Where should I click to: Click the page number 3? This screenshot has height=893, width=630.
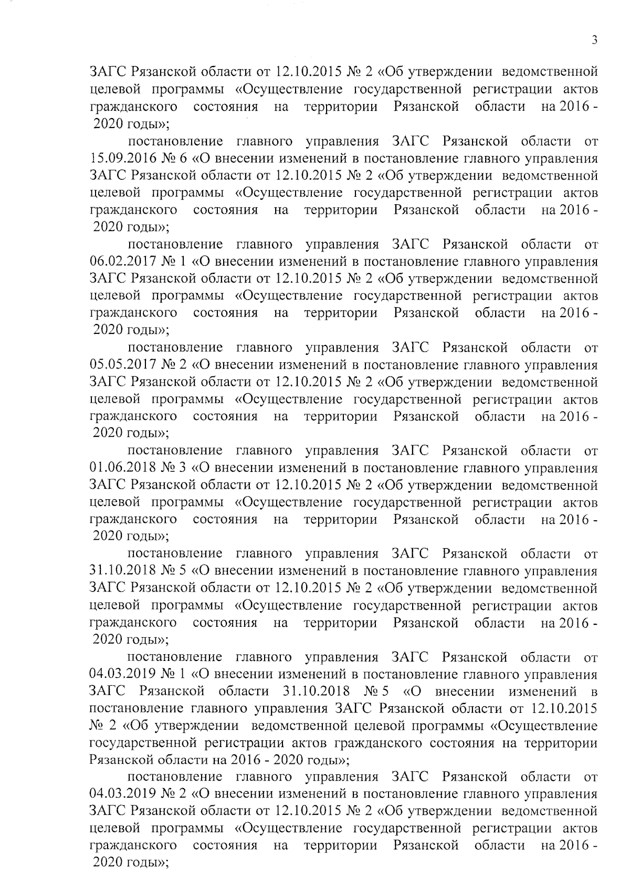[594, 40]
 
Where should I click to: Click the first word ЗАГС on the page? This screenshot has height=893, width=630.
[107, 72]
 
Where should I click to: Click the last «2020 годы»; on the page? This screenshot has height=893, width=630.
[130, 863]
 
